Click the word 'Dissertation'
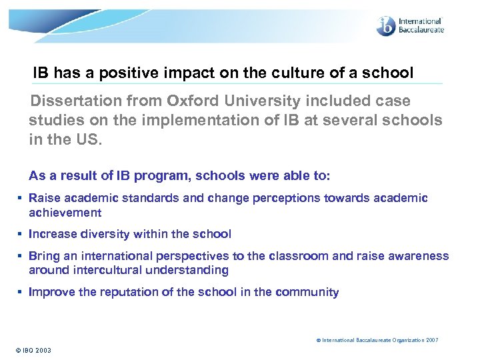(x=72, y=101)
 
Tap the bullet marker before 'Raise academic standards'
(x=21, y=199)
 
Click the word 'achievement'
(x=65, y=213)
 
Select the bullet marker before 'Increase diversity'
(x=21, y=234)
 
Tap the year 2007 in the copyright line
(x=431, y=340)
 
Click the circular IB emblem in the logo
(x=385, y=25)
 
